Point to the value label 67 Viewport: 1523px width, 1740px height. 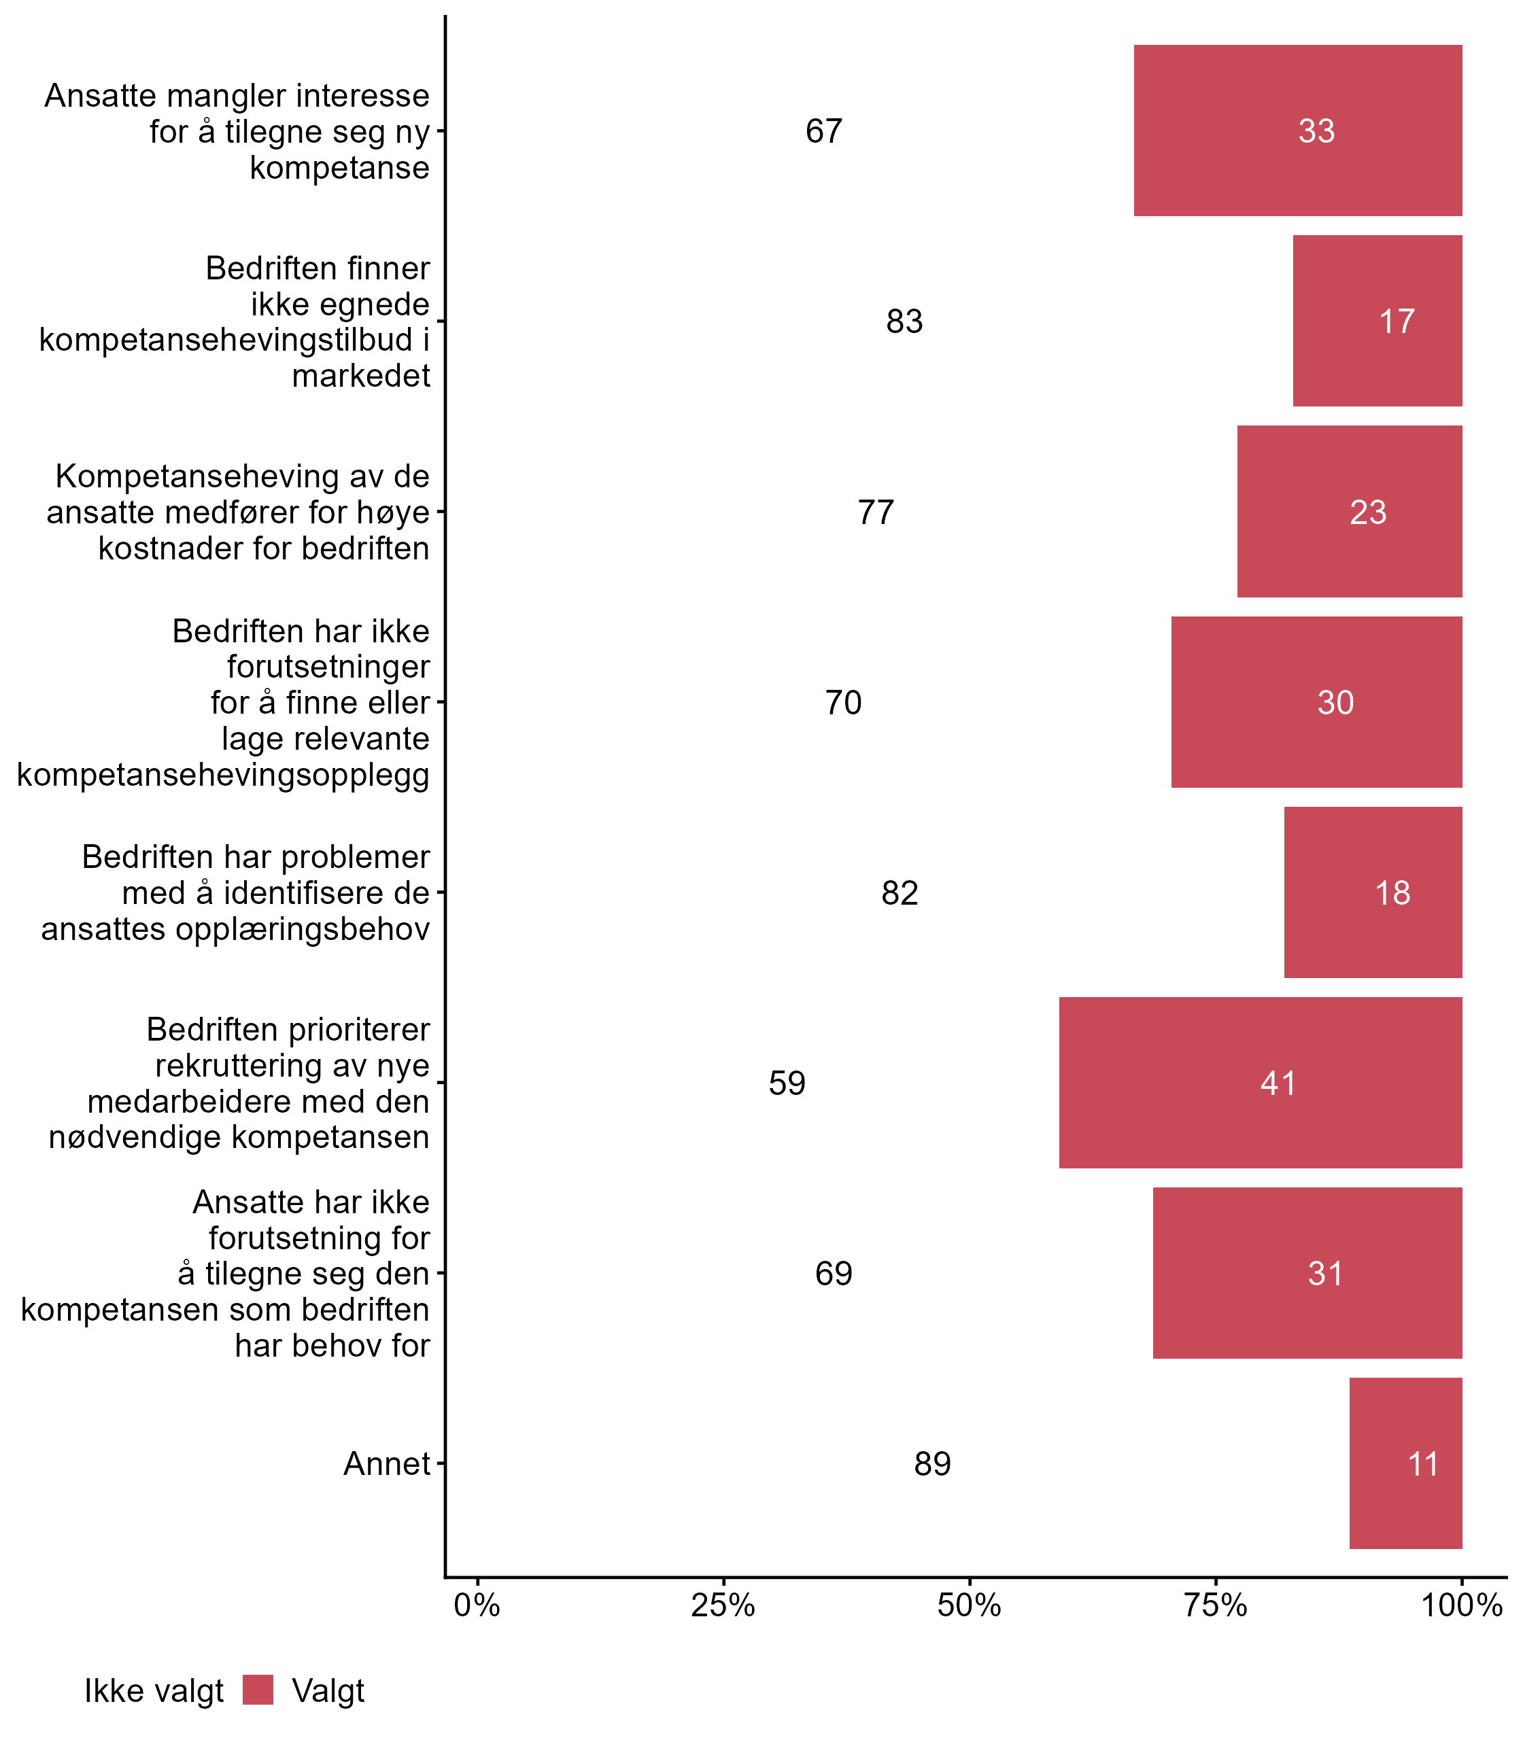pyautogui.click(x=823, y=130)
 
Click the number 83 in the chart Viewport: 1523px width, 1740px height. pyautogui.click(x=904, y=321)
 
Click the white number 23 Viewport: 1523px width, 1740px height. pyautogui.click(x=1367, y=512)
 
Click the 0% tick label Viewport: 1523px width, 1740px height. pyautogui.click(x=477, y=1605)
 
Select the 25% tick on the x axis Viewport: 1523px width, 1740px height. pyautogui.click(x=722, y=1605)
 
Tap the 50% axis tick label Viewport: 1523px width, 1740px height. pyautogui.click(x=969, y=1605)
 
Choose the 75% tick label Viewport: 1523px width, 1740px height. pyautogui.click(x=1216, y=1605)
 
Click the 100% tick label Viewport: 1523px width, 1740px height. pyautogui.click(x=1462, y=1605)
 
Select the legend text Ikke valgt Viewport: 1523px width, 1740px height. pyautogui.click(x=154, y=1691)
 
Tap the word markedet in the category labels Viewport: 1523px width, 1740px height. pyautogui.click(x=361, y=375)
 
